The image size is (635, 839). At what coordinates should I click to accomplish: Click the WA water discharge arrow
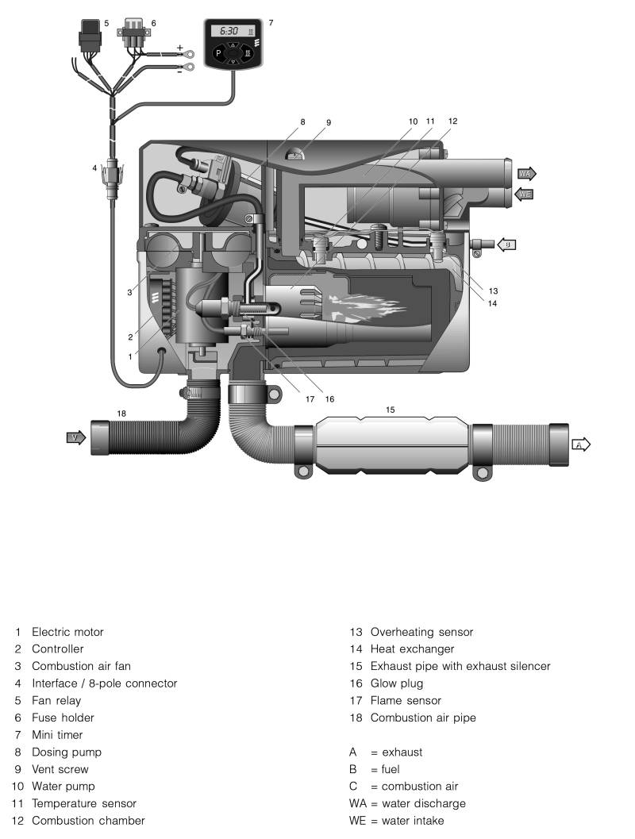point(526,173)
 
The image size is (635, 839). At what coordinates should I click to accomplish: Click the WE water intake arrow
point(524,194)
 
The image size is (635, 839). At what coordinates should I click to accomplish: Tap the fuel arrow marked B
point(506,245)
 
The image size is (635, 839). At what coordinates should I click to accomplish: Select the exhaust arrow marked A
point(581,445)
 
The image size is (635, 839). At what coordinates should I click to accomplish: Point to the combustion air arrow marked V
point(75,437)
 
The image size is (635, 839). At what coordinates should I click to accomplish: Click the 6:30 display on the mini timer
point(229,31)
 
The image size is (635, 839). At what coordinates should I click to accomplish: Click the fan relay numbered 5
point(90,35)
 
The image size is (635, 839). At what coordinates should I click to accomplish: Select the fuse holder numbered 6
point(133,33)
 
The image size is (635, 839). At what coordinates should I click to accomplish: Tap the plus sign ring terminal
point(188,53)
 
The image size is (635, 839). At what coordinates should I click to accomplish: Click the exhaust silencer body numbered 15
point(391,445)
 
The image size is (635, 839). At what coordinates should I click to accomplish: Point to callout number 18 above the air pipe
point(121,414)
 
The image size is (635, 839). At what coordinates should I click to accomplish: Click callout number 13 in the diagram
point(493,291)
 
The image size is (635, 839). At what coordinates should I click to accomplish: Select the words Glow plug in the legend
point(396,683)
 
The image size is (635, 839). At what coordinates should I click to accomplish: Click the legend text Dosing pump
point(67,752)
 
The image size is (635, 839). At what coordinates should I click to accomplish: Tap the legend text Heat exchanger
point(412,649)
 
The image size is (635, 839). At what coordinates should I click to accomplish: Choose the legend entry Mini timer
point(57,735)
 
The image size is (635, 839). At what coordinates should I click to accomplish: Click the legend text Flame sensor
point(406,700)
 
